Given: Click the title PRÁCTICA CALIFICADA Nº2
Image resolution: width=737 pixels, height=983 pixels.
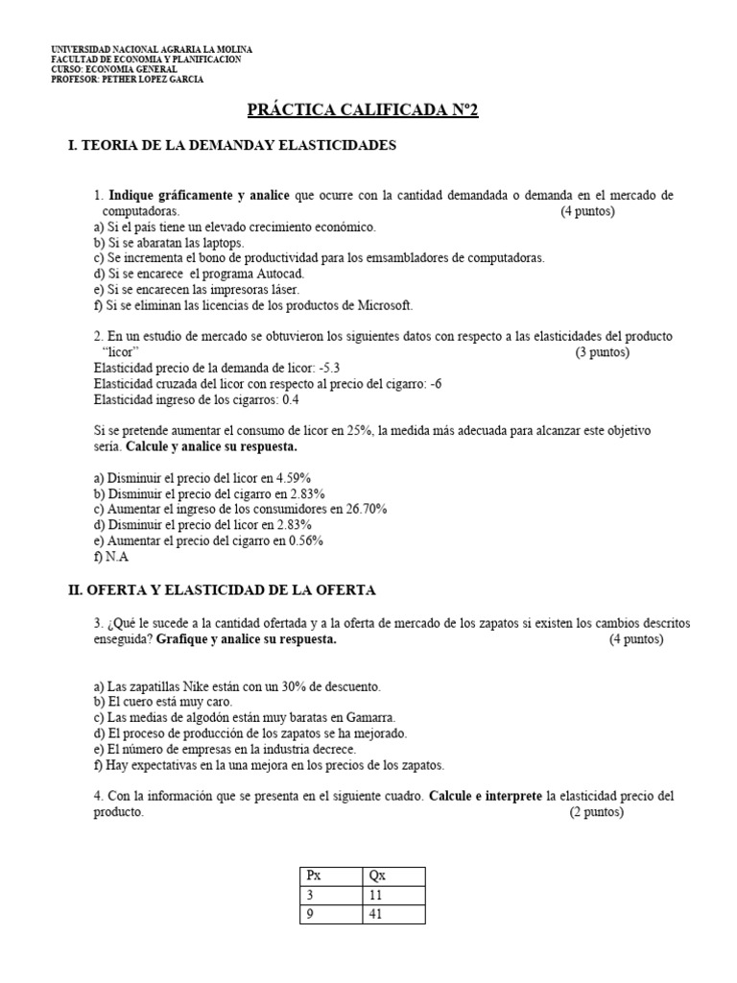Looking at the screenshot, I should pyautogui.click(x=362, y=110).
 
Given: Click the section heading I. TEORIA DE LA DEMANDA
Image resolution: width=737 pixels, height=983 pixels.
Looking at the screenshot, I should pyautogui.click(x=231, y=146).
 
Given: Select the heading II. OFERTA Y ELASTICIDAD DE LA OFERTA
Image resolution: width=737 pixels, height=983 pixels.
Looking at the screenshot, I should pyautogui.click(x=222, y=589).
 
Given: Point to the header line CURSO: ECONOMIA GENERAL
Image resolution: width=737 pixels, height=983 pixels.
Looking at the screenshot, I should pyautogui.click(x=113, y=69).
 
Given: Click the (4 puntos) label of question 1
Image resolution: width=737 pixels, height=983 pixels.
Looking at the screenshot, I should pyautogui.click(x=587, y=211).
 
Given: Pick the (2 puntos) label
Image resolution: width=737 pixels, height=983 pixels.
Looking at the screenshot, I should pyautogui.click(x=596, y=812).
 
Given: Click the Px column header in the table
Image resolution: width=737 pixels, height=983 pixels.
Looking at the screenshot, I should pyautogui.click(x=316, y=875).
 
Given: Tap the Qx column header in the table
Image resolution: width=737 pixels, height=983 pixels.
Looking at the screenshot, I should pyautogui.click(x=378, y=875).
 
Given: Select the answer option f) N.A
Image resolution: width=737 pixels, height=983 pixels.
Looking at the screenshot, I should pyautogui.click(x=110, y=556).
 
